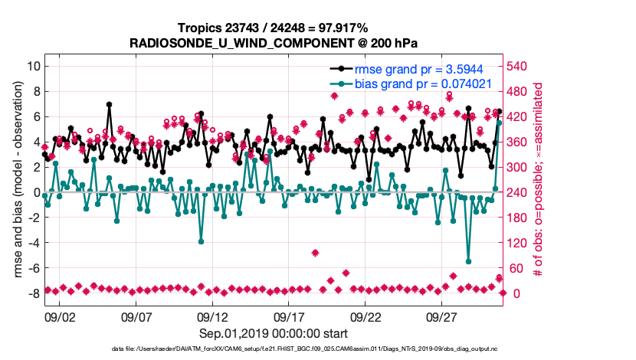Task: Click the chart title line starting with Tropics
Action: coord(273,28)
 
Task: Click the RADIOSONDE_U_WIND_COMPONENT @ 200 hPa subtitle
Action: coord(273,42)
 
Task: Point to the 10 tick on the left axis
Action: coord(33,66)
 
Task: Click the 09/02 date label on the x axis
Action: coord(61,316)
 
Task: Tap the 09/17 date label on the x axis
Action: coord(290,316)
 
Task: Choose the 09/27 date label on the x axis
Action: coord(442,316)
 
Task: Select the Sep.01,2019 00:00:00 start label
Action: coord(273,333)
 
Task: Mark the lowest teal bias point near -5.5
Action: coord(468,261)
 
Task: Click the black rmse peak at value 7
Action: coord(110,104)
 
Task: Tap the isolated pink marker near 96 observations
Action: coord(315,253)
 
